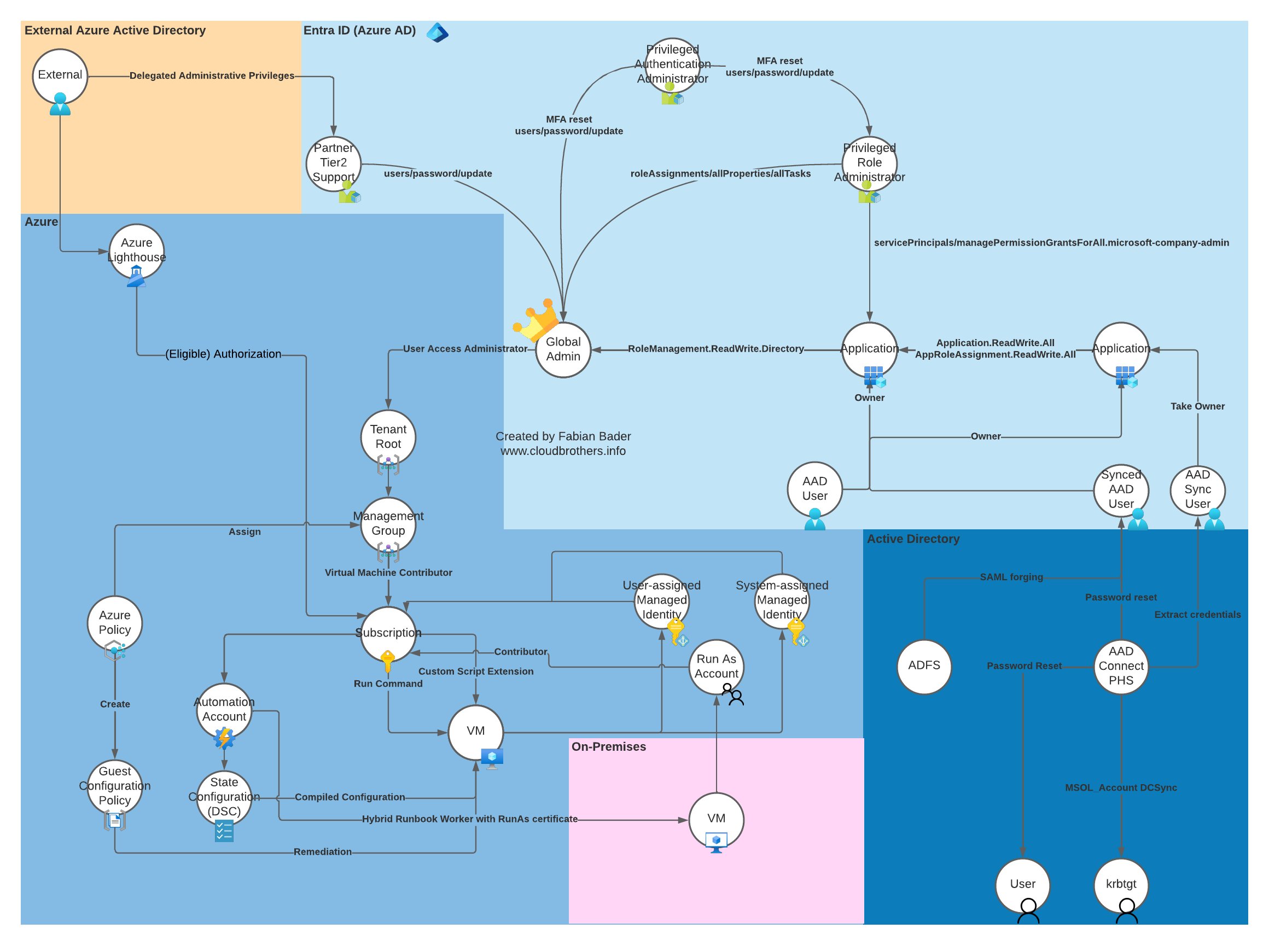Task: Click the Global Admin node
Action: point(563,349)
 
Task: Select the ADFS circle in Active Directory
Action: point(924,666)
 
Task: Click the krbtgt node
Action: point(1121,885)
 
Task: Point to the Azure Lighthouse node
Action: point(136,251)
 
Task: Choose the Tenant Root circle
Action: point(388,437)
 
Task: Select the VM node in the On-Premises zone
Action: point(716,820)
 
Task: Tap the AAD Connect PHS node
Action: point(1121,667)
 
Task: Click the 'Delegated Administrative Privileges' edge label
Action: point(211,75)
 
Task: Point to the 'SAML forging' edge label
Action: point(1011,577)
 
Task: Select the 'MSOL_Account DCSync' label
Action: point(1121,788)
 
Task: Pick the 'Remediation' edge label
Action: point(322,852)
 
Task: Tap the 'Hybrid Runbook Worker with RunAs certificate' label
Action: point(469,820)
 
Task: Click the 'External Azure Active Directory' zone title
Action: point(114,31)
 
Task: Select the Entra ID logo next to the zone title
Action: point(438,33)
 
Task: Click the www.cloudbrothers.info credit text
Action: point(563,451)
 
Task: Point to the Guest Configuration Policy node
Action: point(114,786)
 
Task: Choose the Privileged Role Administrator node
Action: point(869,163)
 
